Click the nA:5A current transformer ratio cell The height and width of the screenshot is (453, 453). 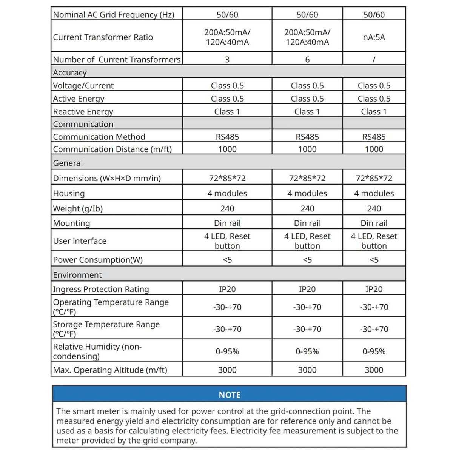coord(374,37)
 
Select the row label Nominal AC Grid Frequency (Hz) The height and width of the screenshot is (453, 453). coord(114,15)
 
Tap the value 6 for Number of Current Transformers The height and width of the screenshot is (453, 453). coord(307,59)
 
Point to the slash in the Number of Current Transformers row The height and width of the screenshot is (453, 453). coord(374,59)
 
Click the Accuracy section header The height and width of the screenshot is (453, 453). coord(70,72)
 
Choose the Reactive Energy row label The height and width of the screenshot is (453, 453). coord(83,111)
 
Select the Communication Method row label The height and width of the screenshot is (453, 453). coord(99,137)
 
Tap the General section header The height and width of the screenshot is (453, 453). coord(68,163)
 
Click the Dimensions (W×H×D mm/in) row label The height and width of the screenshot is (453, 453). coord(107,178)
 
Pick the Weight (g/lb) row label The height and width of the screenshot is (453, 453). coord(78,208)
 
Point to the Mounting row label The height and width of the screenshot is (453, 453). coord(72,223)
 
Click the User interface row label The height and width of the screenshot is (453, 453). coord(80,241)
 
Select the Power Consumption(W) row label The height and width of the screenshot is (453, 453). coord(98,260)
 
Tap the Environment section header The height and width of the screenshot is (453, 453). coord(77,275)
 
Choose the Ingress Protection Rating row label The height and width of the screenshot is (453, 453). coord(101,289)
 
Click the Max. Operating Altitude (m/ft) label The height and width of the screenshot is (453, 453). coord(110,370)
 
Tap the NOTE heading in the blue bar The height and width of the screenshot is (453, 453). coord(230,395)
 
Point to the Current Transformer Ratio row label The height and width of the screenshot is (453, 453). coord(103,37)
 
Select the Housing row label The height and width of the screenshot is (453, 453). coord(69,193)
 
